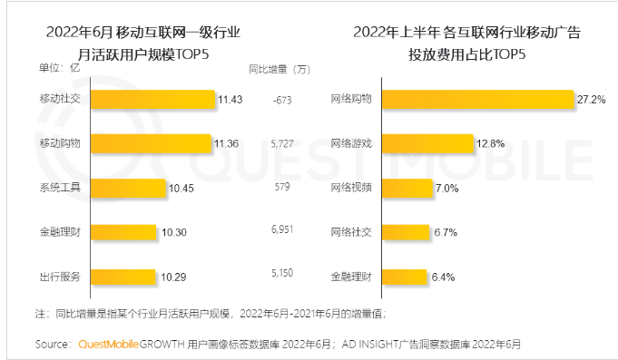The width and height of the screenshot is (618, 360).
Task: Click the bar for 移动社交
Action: [x=152, y=99]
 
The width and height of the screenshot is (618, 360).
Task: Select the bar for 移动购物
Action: [x=152, y=143]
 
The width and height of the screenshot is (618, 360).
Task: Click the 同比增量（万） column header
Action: [x=280, y=69]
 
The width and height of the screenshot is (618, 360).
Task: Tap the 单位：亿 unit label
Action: [x=58, y=68]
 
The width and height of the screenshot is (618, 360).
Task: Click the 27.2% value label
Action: [x=591, y=99]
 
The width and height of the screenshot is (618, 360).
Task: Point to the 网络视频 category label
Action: [x=350, y=188]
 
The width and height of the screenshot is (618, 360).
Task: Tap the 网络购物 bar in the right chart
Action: [x=477, y=99]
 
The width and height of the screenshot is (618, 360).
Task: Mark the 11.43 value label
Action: [x=230, y=99]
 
